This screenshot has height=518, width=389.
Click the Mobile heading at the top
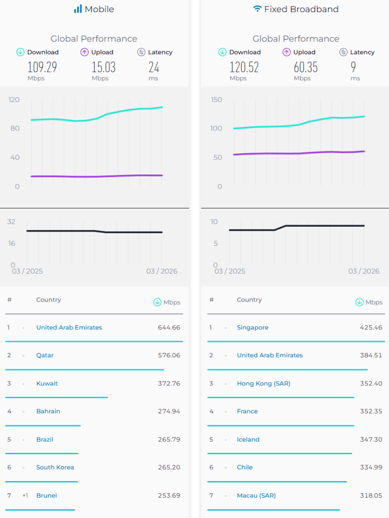(x=99, y=9)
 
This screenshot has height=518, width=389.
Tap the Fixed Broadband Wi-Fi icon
(x=258, y=9)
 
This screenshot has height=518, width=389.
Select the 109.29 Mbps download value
(x=42, y=67)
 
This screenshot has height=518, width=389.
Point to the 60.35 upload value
(x=306, y=67)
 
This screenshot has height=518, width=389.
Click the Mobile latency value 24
(x=154, y=67)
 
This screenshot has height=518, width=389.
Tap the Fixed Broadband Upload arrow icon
(x=286, y=52)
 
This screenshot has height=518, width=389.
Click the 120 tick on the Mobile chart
(x=14, y=100)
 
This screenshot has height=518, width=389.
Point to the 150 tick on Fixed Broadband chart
(x=216, y=100)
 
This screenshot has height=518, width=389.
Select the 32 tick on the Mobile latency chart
(x=11, y=222)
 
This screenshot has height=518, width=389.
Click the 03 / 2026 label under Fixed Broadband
(x=364, y=271)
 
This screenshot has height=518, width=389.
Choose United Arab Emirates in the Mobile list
(x=69, y=328)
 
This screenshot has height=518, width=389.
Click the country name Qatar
(x=45, y=356)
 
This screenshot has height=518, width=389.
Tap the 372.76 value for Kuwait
(x=169, y=383)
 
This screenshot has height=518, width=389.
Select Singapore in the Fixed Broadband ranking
(x=253, y=328)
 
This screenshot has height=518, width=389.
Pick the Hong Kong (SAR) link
(x=264, y=383)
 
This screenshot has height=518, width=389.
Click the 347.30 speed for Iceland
(x=371, y=440)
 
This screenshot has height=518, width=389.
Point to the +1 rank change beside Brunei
(x=25, y=495)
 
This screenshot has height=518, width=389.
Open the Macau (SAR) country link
(x=256, y=495)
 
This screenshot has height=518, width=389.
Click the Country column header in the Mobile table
(x=48, y=300)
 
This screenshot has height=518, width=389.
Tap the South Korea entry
(x=55, y=467)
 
